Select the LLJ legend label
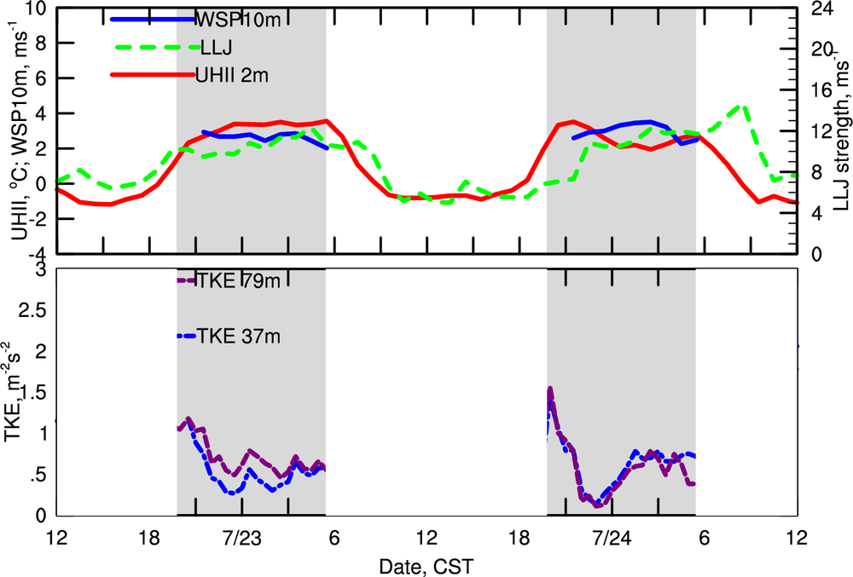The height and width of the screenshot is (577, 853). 215,47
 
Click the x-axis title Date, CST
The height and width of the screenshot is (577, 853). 426,566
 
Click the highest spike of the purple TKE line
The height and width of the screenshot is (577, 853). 550,389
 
